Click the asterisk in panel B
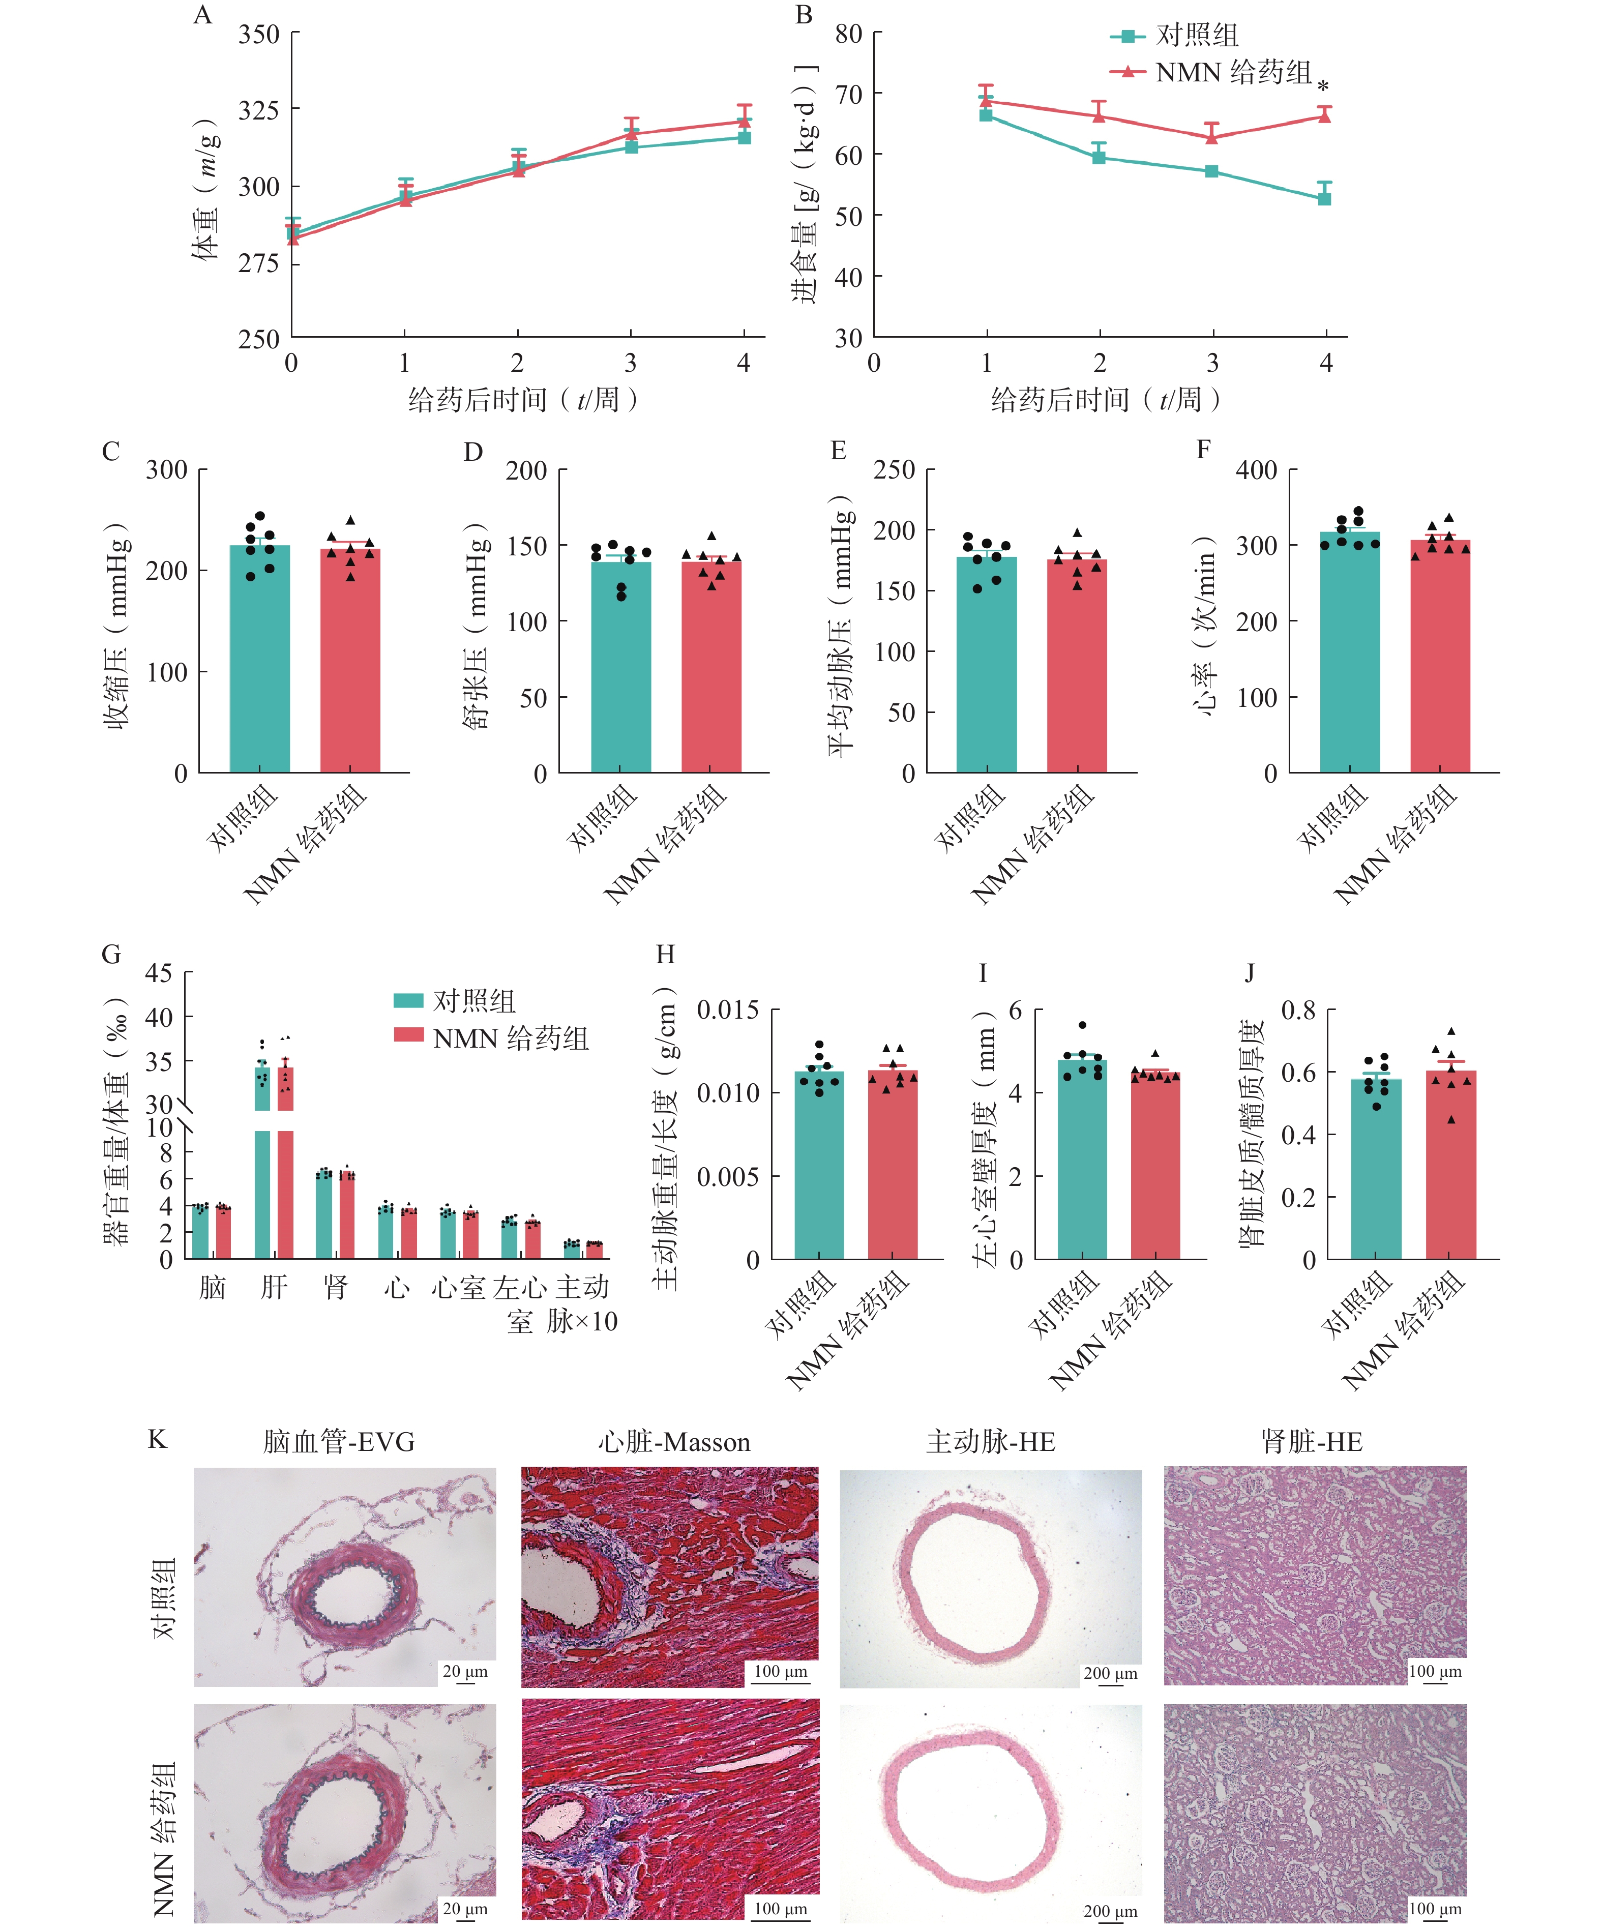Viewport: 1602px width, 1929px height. [1323, 86]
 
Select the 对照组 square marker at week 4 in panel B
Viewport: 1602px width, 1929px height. [1325, 198]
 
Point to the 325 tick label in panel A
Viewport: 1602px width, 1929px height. [259, 110]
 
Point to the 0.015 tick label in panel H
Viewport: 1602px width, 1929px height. [728, 1011]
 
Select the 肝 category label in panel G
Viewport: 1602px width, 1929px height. [274, 1286]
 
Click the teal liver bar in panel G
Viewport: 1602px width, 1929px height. [262, 1185]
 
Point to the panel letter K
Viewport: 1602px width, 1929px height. [157, 1438]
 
